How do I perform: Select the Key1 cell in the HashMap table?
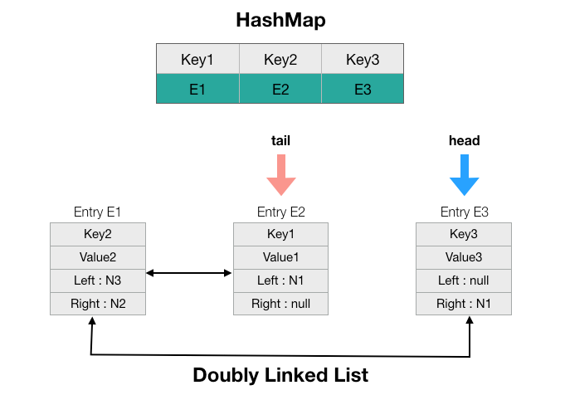(x=197, y=60)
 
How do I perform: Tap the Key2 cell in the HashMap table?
(x=280, y=60)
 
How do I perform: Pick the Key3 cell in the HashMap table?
(x=363, y=60)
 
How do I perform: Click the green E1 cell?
(x=197, y=89)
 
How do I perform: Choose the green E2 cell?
(x=280, y=89)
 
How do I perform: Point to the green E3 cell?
(x=363, y=89)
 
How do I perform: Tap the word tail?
(x=281, y=141)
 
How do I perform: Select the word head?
(x=464, y=141)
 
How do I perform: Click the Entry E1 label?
(x=98, y=212)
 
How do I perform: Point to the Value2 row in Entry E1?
(x=98, y=257)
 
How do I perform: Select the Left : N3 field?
(x=98, y=280)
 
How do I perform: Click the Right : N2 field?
(x=98, y=304)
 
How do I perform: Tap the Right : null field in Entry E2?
(x=281, y=304)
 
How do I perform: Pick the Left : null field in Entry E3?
(x=464, y=280)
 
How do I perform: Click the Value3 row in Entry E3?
(x=464, y=257)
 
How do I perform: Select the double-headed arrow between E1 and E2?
(x=189, y=271)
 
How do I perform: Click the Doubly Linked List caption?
(x=280, y=375)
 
